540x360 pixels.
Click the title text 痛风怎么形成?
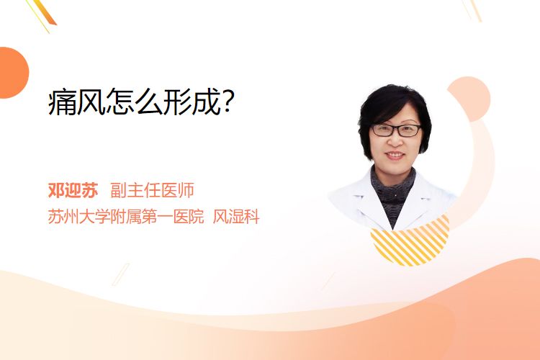(x=141, y=102)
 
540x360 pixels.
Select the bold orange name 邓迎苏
(x=73, y=190)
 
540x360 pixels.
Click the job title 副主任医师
(x=152, y=190)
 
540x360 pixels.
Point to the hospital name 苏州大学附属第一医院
(x=126, y=217)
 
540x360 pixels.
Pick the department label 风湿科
(x=236, y=217)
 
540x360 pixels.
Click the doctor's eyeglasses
(x=396, y=130)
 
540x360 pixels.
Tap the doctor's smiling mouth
(x=395, y=156)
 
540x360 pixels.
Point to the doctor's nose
(x=395, y=140)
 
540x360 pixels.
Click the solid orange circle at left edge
(x=13, y=73)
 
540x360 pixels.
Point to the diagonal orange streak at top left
(x=45, y=13)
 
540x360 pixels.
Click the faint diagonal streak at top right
(x=472, y=10)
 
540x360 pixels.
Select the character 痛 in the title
(x=62, y=102)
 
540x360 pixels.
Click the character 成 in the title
(x=207, y=102)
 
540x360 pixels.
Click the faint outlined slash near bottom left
(x=121, y=274)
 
